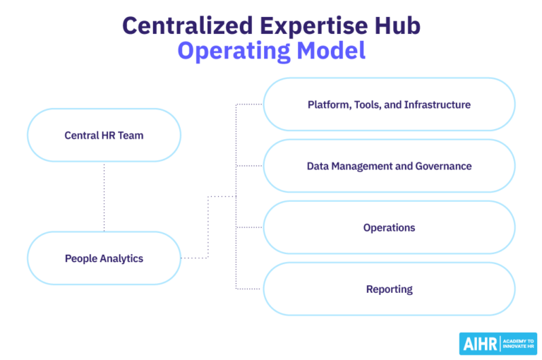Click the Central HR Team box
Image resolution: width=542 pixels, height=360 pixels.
tap(104, 135)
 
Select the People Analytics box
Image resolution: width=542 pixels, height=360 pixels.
tap(104, 258)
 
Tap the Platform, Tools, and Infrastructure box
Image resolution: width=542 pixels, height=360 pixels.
tap(389, 104)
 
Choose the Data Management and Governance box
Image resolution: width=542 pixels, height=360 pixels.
tap(389, 166)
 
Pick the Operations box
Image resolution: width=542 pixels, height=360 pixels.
tap(389, 227)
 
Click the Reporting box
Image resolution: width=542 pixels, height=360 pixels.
tap(389, 289)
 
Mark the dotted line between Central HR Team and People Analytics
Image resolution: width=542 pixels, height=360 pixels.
tap(104, 197)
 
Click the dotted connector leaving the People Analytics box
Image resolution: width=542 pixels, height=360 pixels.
tap(195, 258)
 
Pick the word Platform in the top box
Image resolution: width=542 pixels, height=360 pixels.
tap(326, 104)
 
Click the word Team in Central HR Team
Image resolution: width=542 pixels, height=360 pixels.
tap(131, 135)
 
